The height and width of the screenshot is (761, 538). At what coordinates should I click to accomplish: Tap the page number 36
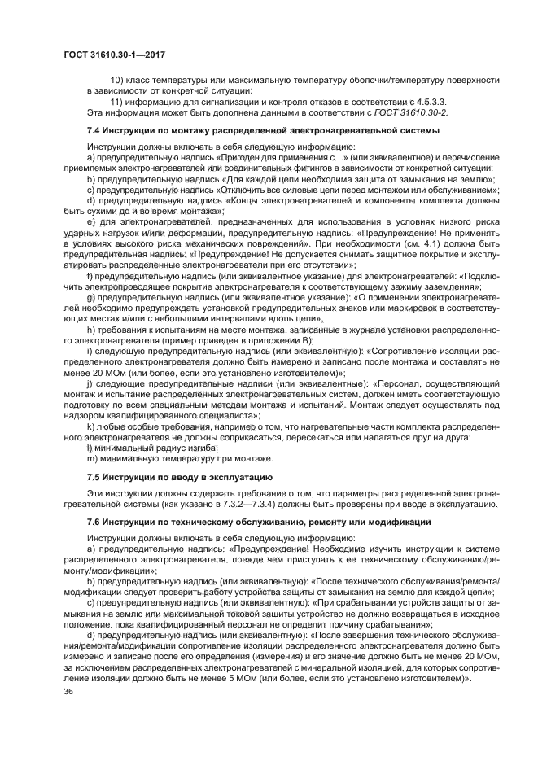click(68, 691)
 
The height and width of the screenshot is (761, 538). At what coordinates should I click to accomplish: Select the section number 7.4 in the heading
click(94, 130)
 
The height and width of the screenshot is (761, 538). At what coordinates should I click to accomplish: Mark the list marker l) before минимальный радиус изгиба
click(90, 448)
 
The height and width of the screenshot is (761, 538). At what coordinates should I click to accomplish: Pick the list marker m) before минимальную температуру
click(91, 458)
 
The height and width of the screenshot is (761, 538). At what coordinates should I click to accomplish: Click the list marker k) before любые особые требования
click(90, 426)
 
